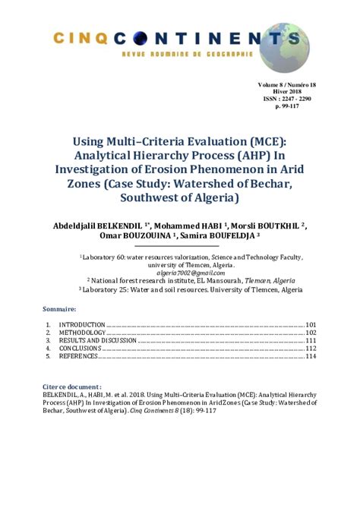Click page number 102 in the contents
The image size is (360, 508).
click(311, 333)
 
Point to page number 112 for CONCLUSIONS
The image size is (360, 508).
click(311, 349)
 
